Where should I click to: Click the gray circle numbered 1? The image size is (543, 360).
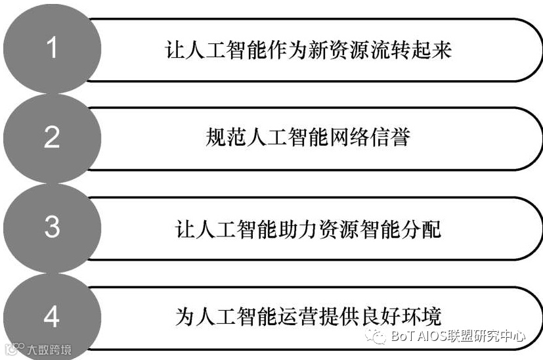tap(52, 49)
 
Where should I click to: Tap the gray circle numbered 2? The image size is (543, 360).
tap(52, 138)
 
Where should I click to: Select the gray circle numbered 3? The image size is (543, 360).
tap(52, 227)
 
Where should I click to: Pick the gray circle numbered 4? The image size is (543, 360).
tap(52, 317)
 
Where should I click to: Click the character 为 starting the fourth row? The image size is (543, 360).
tap(186, 317)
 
